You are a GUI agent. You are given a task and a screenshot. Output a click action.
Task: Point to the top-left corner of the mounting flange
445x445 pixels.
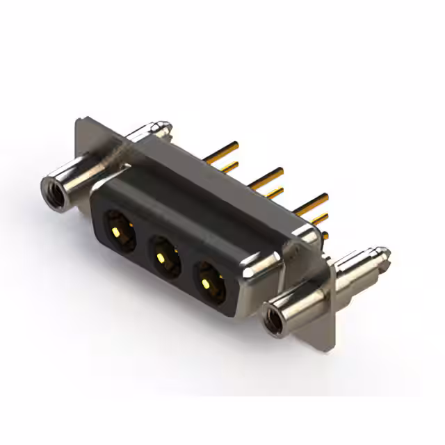(78, 122)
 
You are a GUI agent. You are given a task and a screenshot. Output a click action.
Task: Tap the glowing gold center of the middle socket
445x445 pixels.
(161, 258)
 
